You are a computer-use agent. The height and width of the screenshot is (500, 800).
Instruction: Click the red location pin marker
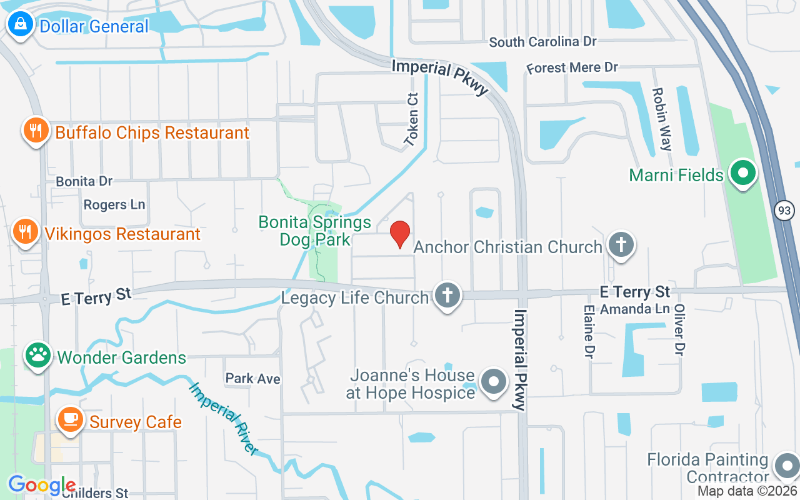coord(400,234)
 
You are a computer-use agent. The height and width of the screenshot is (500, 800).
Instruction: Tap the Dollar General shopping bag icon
coord(21,26)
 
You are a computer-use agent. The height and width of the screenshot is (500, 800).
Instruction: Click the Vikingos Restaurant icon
coord(26,232)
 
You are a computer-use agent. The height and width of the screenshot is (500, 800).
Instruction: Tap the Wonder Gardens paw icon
coord(38,356)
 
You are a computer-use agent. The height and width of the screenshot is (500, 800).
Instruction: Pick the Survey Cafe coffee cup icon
coord(71,420)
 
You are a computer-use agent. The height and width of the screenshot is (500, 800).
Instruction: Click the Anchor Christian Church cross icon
coord(621,246)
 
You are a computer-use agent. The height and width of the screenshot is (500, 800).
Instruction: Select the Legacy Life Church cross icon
coord(446,296)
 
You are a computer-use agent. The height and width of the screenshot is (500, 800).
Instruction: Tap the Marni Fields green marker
coord(742,174)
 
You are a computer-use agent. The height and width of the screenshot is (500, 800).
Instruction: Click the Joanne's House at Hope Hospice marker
coord(494,382)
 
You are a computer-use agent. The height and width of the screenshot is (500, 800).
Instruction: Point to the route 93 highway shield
coord(784,211)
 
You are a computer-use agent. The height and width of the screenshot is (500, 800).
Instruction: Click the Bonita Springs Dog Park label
coord(315,231)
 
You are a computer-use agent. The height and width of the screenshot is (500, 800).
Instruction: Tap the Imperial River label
coord(223,418)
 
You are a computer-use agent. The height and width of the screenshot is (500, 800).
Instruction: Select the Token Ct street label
coord(412,121)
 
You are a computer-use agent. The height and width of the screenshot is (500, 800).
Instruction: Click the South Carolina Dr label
coord(542,42)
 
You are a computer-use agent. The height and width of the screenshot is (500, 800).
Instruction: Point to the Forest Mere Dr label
coord(572,67)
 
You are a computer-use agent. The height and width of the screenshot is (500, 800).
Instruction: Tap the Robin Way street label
coord(661,119)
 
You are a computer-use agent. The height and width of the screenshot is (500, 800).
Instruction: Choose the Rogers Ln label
coord(114,204)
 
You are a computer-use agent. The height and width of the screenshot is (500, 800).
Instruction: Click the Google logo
coord(42,485)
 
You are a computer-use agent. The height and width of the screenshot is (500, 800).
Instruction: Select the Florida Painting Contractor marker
coord(785,466)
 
